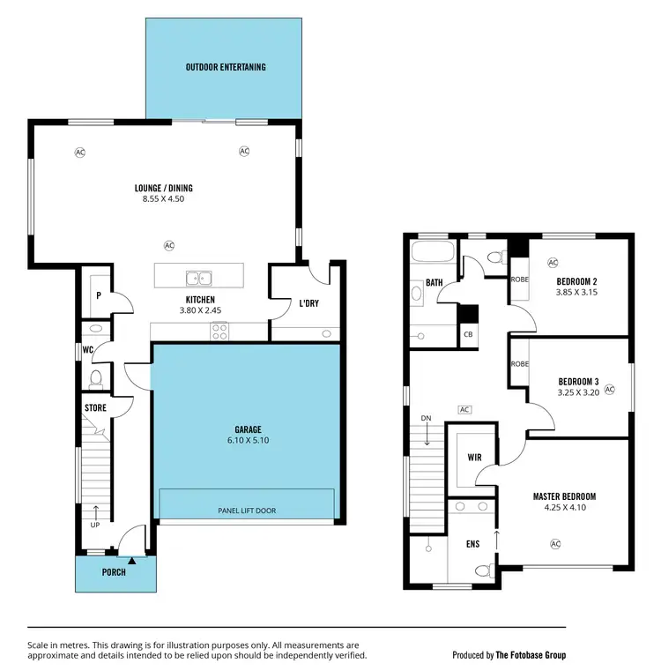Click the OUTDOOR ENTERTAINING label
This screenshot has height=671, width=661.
click(226, 67)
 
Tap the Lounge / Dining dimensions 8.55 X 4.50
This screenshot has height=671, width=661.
click(163, 199)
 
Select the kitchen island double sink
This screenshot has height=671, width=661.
click(198, 279)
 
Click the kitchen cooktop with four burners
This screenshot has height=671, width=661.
click(219, 332)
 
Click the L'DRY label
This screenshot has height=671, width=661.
click(308, 302)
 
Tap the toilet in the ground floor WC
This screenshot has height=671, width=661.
click(97, 379)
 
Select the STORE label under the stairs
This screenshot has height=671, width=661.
click(95, 408)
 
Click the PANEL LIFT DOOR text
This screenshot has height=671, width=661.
click(246, 510)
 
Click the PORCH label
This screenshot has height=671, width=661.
click(114, 572)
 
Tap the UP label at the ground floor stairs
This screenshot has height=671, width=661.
click(95, 525)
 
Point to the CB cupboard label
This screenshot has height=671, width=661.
click(467, 335)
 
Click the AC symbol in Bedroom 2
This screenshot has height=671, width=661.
click(553, 263)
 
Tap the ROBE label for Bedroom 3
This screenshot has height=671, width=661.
click(519, 363)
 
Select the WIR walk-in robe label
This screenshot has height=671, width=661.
click(472, 458)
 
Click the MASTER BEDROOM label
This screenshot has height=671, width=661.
click(565, 496)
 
